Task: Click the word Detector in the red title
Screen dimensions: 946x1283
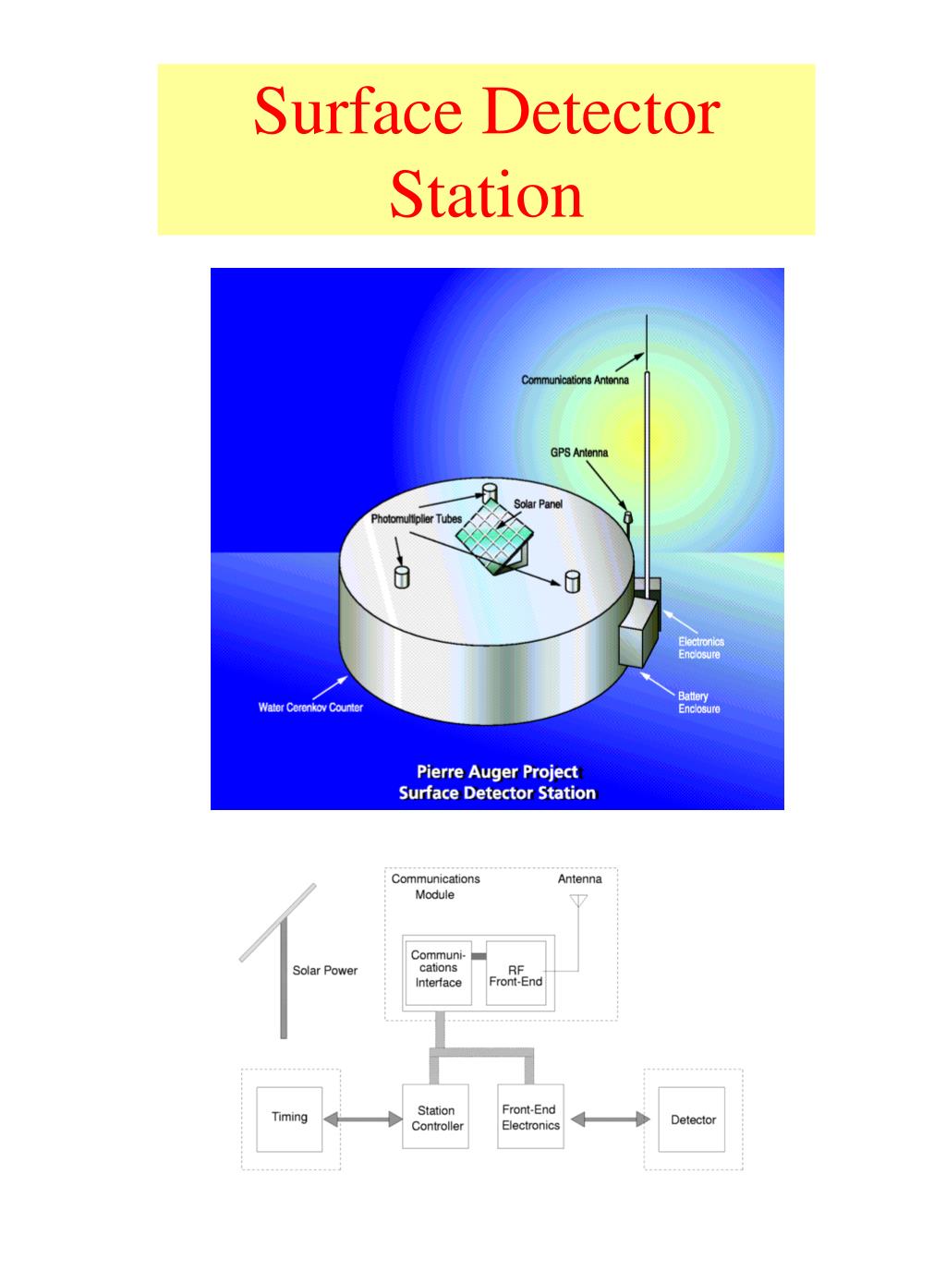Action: click(601, 112)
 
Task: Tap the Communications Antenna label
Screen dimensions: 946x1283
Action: click(575, 380)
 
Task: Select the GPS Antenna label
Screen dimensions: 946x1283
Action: click(579, 453)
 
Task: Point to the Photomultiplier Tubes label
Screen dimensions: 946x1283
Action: click(416, 519)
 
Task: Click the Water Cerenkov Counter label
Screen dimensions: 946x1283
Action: click(310, 708)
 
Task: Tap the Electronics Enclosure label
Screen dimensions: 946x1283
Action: click(700, 648)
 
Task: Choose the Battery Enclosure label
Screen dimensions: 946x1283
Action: click(698, 703)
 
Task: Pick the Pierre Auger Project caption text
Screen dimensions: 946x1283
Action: click(497, 772)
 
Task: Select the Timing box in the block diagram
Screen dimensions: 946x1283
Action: click(289, 1118)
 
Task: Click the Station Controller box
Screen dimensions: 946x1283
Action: click(436, 1118)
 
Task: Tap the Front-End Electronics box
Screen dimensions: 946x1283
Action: click(530, 1118)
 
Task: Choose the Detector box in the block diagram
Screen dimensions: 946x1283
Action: click(693, 1120)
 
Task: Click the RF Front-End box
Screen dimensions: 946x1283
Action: click(515, 975)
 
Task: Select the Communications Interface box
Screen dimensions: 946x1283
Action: click(438, 970)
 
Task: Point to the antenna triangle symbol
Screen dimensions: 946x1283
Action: click(578, 901)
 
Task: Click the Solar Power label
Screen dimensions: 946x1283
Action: click(324, 971)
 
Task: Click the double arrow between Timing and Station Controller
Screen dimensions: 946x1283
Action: click(362, 1120)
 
